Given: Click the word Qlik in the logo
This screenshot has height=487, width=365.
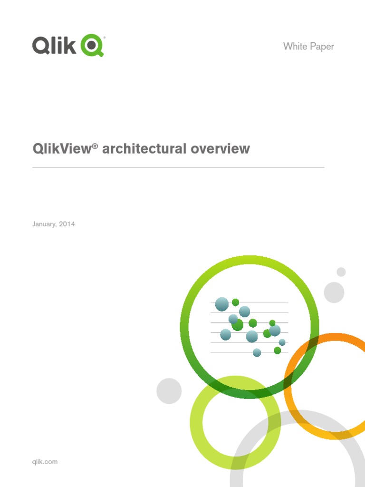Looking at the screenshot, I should (x=54, y=46).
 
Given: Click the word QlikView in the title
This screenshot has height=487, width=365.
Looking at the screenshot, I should (x=62, y=149).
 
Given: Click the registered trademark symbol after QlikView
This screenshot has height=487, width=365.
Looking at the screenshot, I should (x=95, y=145).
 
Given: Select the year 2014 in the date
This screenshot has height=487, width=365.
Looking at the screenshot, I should (x=67, y=224).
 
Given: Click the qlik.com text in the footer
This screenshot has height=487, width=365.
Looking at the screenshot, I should (x=45, y=461).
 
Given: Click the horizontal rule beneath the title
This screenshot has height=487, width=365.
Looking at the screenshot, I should (x=178, y=167).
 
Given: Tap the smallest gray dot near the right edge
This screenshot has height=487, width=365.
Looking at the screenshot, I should (x=341, y=272).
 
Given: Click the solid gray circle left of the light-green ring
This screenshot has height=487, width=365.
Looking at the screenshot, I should (x=169, y=391).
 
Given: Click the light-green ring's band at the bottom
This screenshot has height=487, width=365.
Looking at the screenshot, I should (x=235, y=463).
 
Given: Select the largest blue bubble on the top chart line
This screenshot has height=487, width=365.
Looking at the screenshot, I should (x=222, y=304).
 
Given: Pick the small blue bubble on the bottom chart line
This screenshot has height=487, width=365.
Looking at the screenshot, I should (x=257, y=352).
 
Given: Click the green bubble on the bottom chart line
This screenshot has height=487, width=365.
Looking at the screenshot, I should (x=278, y=351).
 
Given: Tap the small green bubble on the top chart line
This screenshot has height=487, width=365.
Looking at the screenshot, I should (x=235, y=302).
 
